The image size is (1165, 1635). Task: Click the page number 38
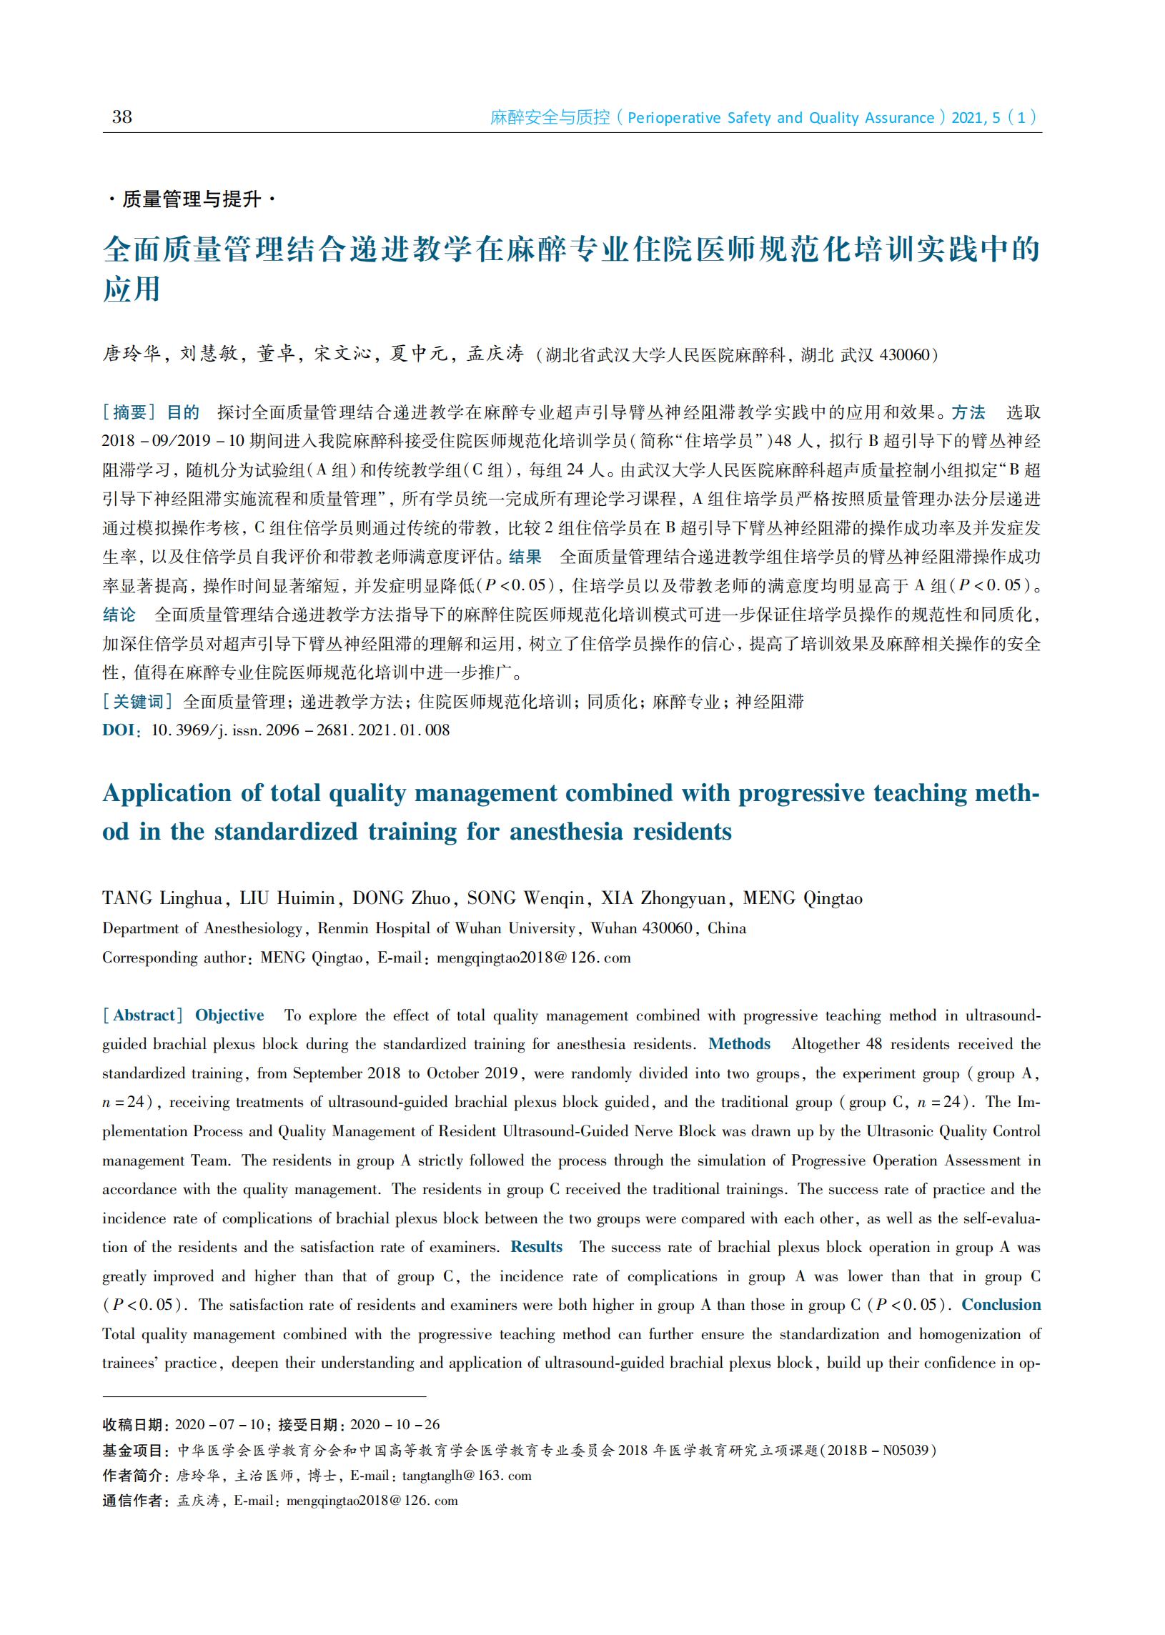[x=122, y=117]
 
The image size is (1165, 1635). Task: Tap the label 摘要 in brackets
[x=130, y=412]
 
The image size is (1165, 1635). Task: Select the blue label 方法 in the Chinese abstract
[x=968, y=412]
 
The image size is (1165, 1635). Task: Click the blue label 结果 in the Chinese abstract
[x=525, y=557]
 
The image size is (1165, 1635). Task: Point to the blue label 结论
[x=119, y=615]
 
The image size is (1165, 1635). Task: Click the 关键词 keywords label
[x=138, y=701]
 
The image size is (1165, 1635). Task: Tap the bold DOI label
[x=119, y=730]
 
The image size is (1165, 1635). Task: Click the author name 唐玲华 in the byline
[x=132, y=354]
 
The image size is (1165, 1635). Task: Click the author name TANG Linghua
[x=162, y=898]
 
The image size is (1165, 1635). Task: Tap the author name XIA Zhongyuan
[x=663, y=898]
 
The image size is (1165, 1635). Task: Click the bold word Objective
[x=229, y=1015]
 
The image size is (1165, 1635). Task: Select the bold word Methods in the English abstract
[x=739, y=1044]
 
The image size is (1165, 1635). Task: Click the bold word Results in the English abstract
[x=536, y=1247]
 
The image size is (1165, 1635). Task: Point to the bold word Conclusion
[x=1001, y=1304]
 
